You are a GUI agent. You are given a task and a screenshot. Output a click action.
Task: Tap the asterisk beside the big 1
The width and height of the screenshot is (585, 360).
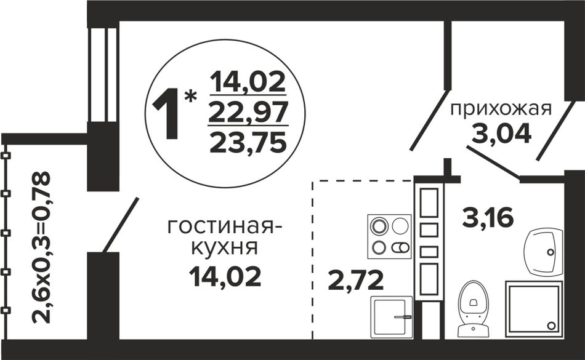[191, 96]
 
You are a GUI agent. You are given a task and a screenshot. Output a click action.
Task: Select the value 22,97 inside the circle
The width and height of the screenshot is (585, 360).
[248, 111]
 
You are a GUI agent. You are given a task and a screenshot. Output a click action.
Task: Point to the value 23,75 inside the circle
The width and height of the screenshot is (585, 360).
[248, 143]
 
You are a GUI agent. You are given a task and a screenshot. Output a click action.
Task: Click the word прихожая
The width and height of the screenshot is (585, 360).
[500, 110]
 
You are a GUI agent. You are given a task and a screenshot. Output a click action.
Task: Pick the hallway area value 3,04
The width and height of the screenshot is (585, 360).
[501, 133]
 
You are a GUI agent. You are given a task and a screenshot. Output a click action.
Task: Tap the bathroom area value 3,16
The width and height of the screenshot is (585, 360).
[488, 218]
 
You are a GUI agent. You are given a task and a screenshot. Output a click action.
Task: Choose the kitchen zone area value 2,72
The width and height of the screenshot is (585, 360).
[355, 281]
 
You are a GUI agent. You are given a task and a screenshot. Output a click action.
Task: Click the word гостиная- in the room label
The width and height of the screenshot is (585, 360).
[225, 227]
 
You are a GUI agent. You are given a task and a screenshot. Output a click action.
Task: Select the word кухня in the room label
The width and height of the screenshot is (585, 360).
[224, 249]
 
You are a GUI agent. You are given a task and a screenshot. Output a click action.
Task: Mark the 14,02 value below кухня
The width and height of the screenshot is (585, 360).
[225, 276]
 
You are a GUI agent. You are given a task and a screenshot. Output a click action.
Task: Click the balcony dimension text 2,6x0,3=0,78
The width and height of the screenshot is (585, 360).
[42, 247]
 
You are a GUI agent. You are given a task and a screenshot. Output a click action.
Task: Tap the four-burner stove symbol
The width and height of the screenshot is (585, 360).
[389, 236]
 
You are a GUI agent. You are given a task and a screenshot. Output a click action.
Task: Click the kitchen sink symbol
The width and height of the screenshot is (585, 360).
[392, 317]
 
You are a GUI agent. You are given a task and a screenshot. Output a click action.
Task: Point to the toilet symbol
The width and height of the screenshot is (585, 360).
[473, 309]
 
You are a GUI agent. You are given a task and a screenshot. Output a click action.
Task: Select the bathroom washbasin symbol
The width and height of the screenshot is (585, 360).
[544, 251]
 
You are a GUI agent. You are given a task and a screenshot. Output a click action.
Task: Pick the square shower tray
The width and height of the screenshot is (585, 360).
[534, 309]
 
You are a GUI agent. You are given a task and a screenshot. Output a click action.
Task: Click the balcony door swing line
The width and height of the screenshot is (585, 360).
[121, 225]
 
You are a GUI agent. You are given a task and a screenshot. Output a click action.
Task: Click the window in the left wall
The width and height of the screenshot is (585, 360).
[103, 74]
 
